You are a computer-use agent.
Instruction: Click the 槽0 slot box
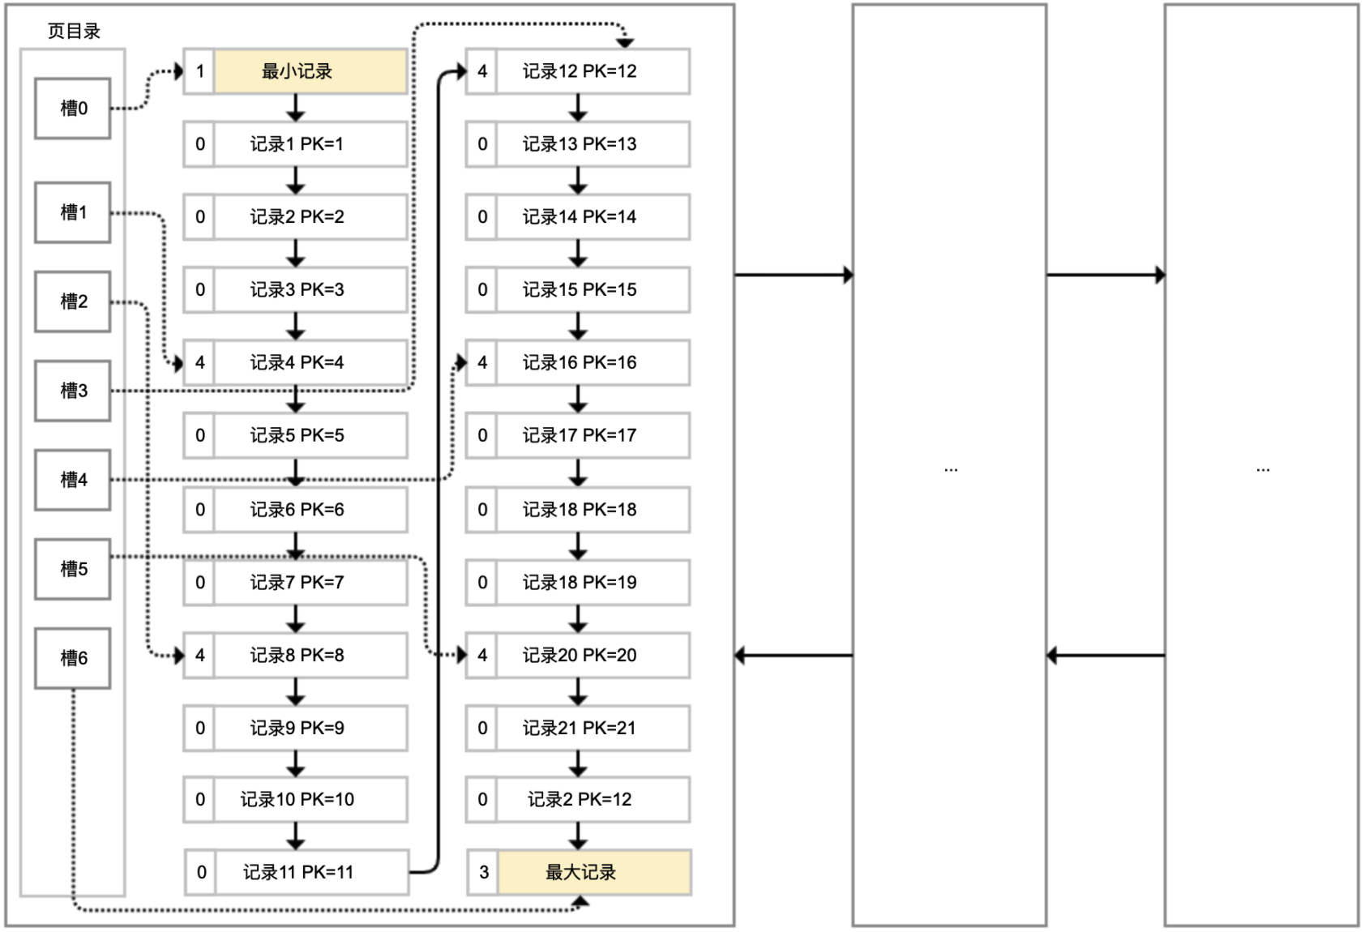pyautogui.click(x=72, y=109)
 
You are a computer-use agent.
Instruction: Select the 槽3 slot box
pyautogui.click(x=72, y=391)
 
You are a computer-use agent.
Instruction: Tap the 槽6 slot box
pyautogui.click(x=72, y=658)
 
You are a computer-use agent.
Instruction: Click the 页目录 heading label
pyautogui.click(x=74, y=32)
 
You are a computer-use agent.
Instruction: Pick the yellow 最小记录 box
pyautogui.click(x=310, y=71)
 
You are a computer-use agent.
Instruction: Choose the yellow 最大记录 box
pyautogui.click(x=594, y=872)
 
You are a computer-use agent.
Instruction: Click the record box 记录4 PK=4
pyautogui.click(x=310, y=362)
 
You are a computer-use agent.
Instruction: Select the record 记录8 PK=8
pyautogui.click(x=310, y=655)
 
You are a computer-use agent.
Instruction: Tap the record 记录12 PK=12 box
pyautogui.click(x=593, y=71)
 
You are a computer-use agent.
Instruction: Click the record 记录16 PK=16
pyautogui.click(x=593, y=362)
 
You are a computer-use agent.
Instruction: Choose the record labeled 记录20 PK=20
pyautogui.click(x=593, y=655)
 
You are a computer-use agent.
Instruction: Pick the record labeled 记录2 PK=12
pyautogui.click(x=593, y=799)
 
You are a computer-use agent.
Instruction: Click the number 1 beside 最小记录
pyautogui.click(x=199, y=71)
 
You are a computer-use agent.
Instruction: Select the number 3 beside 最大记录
pyautogui.click(x=484, y=872)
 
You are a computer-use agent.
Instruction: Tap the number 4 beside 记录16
pyautogui.click(x=482, y=362)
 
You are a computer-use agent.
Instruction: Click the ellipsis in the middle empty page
pyautogui.click(x=951, y=469)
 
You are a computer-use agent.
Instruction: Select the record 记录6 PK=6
pyautogui.click(x=310, y=510)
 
